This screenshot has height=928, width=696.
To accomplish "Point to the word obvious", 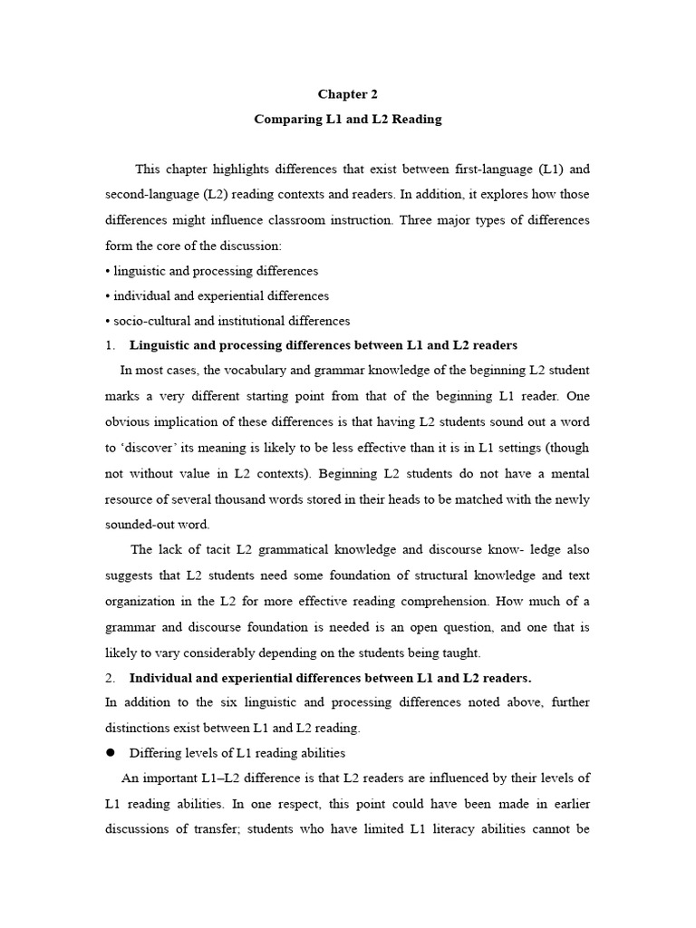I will pyautogui.click(x=129, y=421).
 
